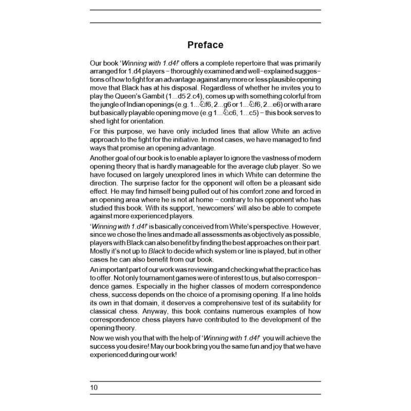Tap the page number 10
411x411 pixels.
click(94, 387)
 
